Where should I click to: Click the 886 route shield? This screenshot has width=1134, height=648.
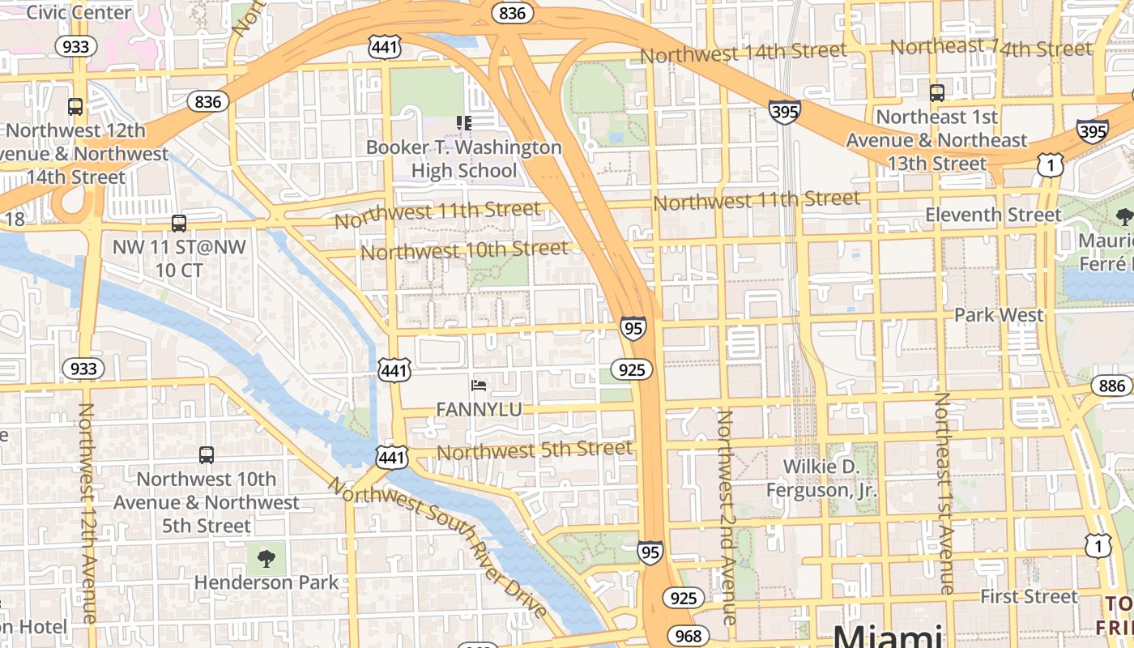(1112, 386)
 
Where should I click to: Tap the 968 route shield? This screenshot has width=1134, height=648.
(688, 636)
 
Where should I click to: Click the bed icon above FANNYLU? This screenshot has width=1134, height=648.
(479, 385)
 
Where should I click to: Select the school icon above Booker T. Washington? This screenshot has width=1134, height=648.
(464, 122)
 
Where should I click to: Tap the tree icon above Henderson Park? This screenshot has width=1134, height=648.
(266, 557)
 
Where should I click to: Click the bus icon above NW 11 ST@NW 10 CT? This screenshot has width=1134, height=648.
(179, 223)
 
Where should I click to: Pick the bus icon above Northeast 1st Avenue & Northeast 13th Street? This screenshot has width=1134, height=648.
(937, 92)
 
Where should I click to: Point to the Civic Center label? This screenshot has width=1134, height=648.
(79, 12)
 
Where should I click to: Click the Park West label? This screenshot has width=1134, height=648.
(999, 314)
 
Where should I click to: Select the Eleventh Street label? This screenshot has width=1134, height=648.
(993, 215)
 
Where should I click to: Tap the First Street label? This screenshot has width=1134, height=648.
(1029, 597)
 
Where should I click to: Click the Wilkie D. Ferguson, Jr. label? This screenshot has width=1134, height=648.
(821, 478)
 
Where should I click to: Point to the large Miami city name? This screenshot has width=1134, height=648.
(888, 636)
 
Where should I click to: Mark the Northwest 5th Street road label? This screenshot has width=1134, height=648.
(535, 450)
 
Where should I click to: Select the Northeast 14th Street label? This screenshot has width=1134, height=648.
(991, 48)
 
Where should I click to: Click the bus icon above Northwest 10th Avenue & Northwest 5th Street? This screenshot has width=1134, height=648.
(207, 455)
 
